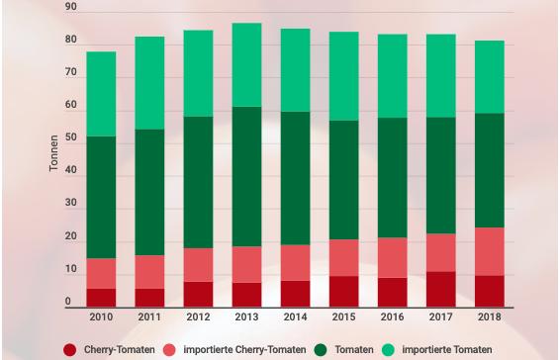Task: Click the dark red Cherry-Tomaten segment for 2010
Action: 101,298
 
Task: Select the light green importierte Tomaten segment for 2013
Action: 246,65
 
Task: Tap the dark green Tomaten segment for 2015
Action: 344,180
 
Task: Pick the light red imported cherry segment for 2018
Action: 490,252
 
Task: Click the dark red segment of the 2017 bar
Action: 441,290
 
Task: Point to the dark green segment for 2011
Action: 149,193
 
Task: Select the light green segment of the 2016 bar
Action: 393,76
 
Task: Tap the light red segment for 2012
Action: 198,265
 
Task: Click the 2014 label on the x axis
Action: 296,316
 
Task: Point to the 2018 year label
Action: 490,316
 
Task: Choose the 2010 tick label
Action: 101,316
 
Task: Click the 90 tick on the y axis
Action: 71,7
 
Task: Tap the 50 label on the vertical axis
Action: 71,137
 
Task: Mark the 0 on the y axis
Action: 68,302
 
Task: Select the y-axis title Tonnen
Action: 53,153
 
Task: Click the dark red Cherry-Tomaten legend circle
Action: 70,350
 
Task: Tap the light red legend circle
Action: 169,350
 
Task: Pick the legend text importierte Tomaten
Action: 447,350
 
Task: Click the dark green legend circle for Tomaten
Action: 321,350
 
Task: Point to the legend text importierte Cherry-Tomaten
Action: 244,350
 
